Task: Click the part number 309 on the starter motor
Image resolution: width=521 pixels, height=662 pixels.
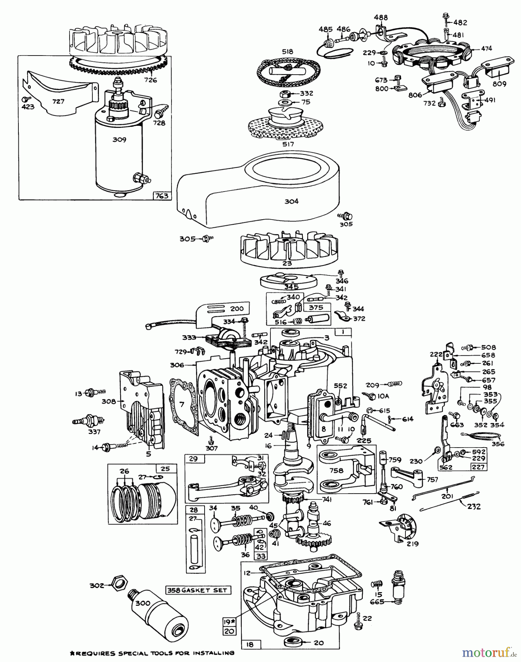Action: click(x=120, y=140)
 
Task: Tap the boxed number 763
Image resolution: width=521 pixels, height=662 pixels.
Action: click(x=162, y=196)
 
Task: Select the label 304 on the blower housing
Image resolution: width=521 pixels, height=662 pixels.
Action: click(x=291, y=201)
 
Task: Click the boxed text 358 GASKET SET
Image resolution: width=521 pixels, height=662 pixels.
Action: click(x=198, y=590)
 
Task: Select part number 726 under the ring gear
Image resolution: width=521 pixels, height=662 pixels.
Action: click(x=150, y=80)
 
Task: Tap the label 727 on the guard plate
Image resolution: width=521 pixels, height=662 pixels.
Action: click(x=58, y=101)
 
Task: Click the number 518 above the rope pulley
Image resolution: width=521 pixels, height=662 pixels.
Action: click(x=288, y=52)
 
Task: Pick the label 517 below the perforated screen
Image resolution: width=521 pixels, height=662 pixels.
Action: click(x=288, y=145)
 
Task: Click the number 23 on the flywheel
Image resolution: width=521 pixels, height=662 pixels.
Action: click(x=287, y=263)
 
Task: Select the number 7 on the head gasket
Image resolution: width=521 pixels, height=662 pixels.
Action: click(x=181, y=405)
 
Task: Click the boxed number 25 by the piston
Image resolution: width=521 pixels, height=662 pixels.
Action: click(x=165, y=469)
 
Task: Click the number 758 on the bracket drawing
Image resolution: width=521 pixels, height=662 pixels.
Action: click(x=336, y=470)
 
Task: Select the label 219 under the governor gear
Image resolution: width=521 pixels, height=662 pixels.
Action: click(x=412, y=544)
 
